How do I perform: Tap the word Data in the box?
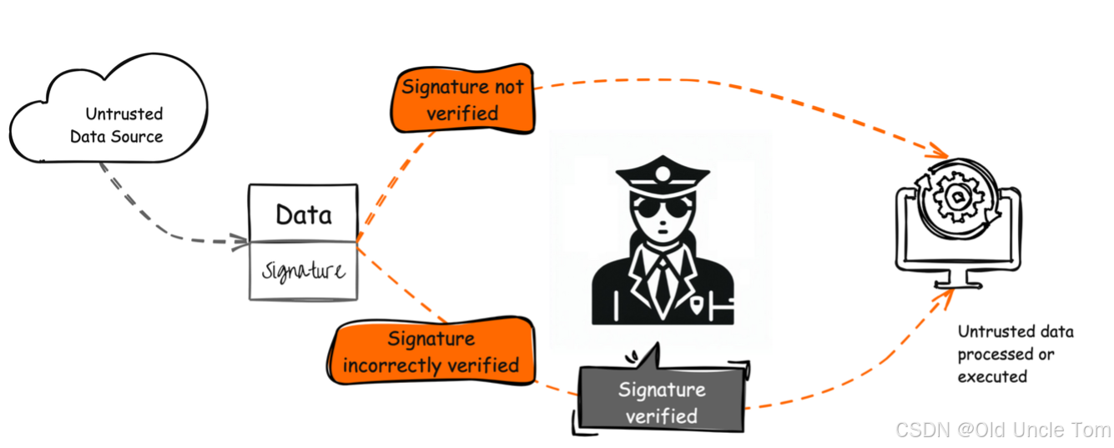click(303, 215)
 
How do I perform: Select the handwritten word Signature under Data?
click(303, 271)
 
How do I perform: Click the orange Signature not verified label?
click(462, 99)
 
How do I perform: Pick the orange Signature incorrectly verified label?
click(431, 353)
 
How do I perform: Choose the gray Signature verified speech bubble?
click(661, 402)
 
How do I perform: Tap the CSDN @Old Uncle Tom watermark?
click(1002, 430)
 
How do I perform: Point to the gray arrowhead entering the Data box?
click(242, 242)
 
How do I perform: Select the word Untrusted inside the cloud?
click(123, 113)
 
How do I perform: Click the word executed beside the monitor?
click(992, 376)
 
